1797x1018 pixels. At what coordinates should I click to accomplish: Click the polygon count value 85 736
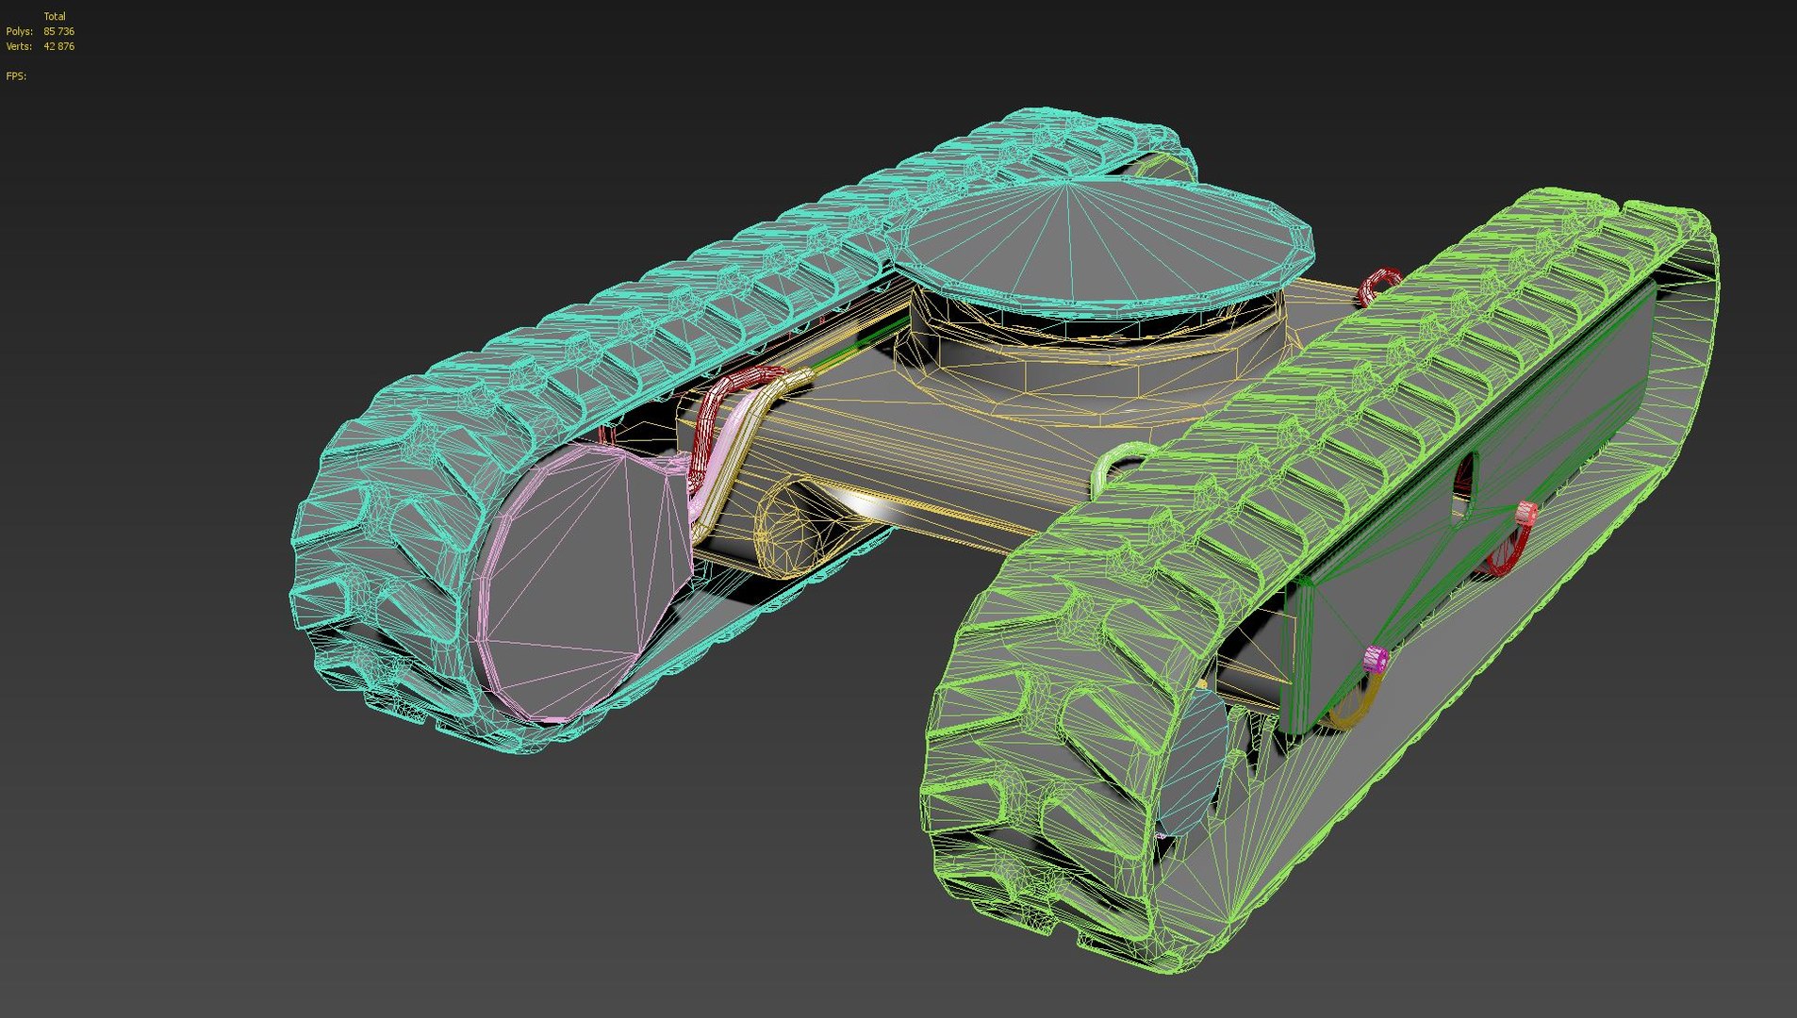58,31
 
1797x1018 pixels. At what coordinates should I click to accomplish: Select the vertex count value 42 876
58,46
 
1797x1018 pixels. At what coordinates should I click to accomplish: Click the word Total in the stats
55,16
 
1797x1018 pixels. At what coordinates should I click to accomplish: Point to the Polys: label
19,31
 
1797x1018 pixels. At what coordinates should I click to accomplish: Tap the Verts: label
19,46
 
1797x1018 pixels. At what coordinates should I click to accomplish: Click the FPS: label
16,76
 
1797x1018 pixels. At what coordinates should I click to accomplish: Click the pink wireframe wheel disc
575,575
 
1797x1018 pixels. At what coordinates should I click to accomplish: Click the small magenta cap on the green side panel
1376,657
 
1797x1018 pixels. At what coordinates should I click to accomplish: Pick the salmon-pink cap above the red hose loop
1525,514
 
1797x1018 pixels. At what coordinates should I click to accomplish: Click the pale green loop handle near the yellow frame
1113,467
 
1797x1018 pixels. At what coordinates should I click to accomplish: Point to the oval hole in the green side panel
1464,476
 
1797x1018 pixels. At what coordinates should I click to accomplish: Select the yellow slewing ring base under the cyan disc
1084,368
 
